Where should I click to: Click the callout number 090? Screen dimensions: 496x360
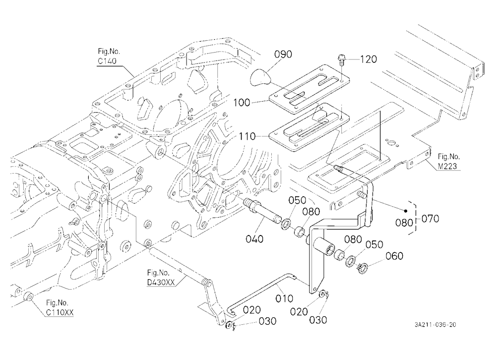click(x=283, y=55)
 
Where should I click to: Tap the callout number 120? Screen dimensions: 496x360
click(x=368, y=59)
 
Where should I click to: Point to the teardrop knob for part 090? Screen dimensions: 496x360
click(x=260, y=77)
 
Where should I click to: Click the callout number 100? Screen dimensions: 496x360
click(x=242, y=103)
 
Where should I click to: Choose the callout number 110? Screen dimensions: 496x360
click(x=247, y=136)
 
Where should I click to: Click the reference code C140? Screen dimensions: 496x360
click(x=107, y=60)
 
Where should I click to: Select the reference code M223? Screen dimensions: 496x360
click(x=447, y=166)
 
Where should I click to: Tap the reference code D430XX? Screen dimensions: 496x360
click(x=161, y=282)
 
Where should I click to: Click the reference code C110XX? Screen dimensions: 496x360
click(x=60, y=312)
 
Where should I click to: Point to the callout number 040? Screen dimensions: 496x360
click(x=254, y=239)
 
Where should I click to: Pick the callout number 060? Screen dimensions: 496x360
click(x=394, y=255)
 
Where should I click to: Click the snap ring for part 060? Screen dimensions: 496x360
click(x=363, y=268)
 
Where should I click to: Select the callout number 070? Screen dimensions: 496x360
click(x=430, y=218)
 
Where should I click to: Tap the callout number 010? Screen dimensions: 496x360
click(x=284, y=298)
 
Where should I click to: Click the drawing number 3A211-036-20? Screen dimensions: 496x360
click(x=435, y=325)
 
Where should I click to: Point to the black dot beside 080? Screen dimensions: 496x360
click(x=406, y=211)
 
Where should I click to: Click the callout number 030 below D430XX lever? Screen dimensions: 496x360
click(x=267, y=321)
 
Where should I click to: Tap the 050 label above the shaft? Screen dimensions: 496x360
click(x=297, y=200)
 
